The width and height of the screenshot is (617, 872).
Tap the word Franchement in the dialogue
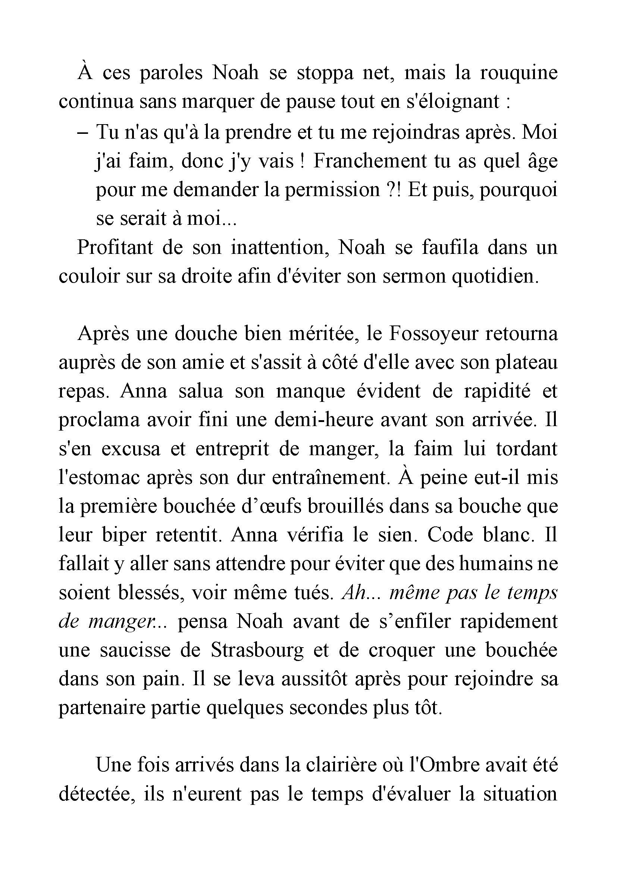click(370, 161)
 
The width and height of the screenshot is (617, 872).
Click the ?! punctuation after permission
click(393, 190)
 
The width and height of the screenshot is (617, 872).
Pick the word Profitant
click(115, 248)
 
